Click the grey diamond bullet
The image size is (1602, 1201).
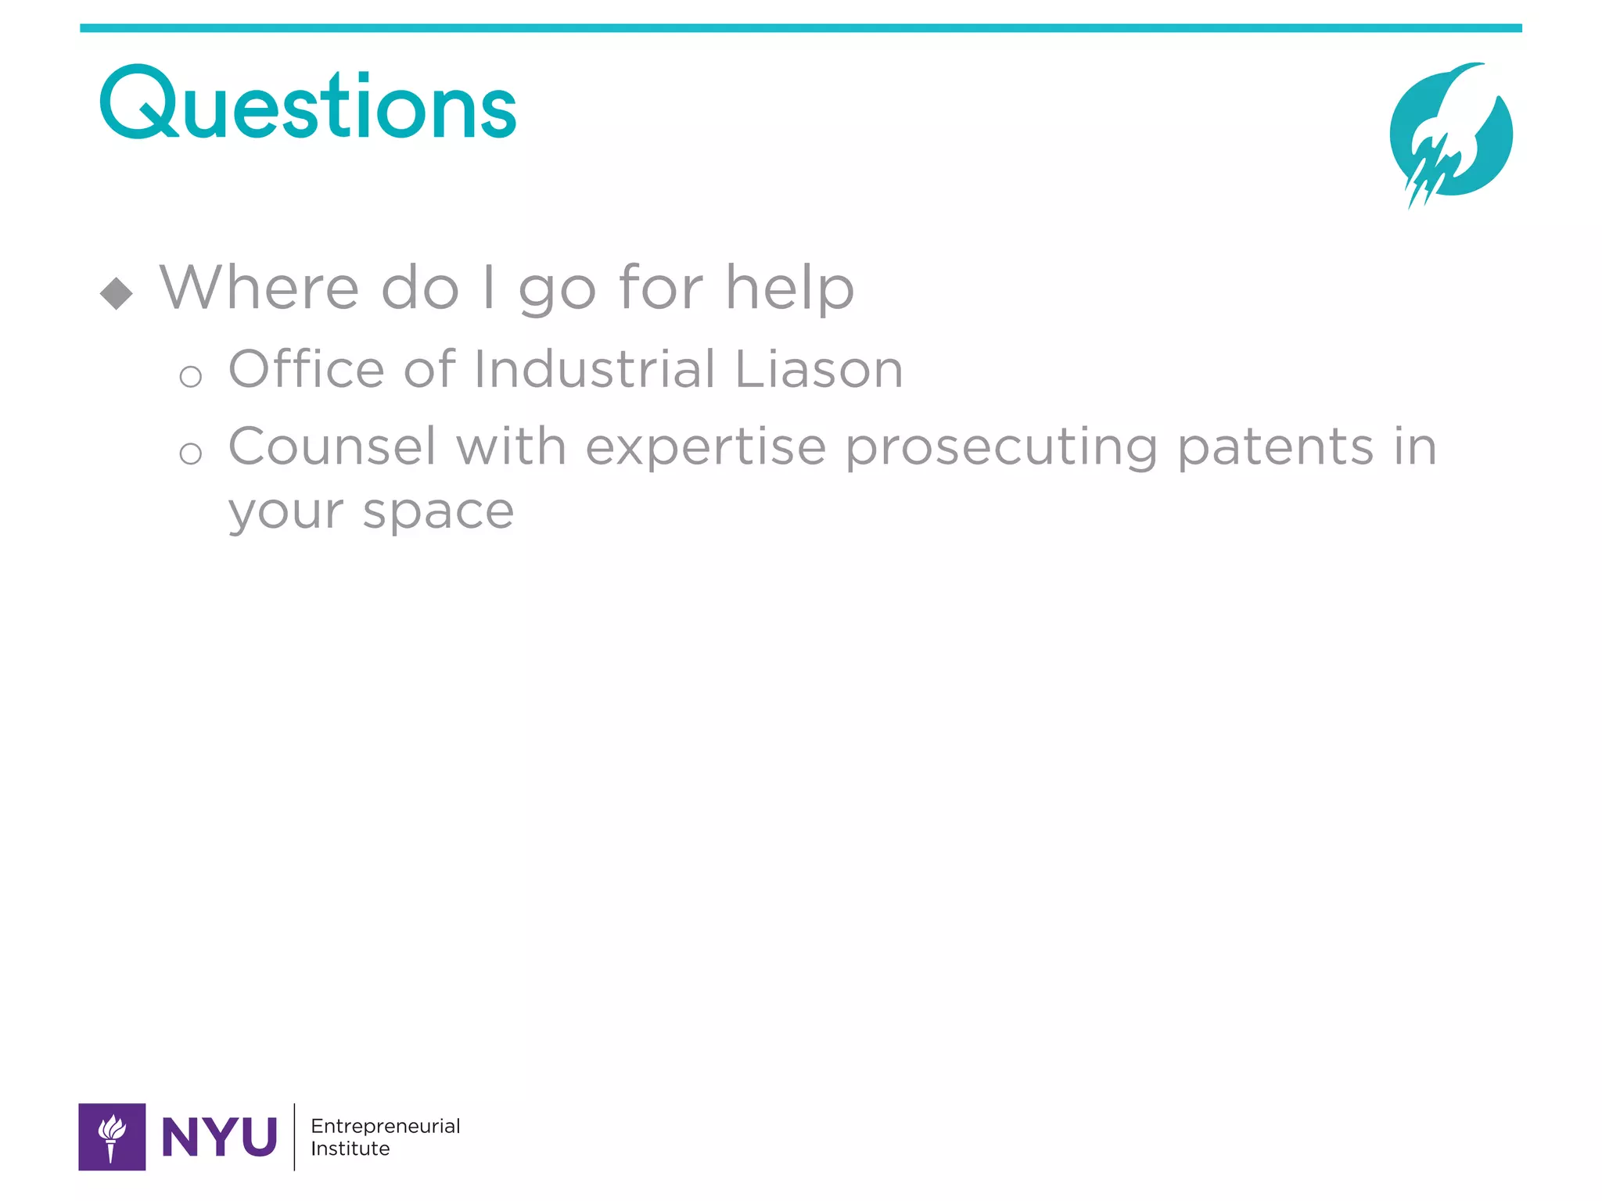pyautogui.click(x=117, y=294)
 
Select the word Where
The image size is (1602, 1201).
pyautogui.click(x=259, y=288)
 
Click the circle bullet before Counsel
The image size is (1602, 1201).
pyautogui.click(x=190, y=454)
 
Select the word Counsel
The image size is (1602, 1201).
pyautogui.click(x=332, y=446)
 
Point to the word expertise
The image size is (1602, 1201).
pyautogui.click(x=706, y=448)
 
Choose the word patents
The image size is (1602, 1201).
pyautogui.click(x=1275, y=446)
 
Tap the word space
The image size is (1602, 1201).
pyautogui.click(x=438, y=513)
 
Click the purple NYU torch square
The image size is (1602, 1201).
pyautogui.click(x=112, y=1137)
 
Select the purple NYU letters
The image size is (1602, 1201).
pyautogui.click(x=219, y=1137)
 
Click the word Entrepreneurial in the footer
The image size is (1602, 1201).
pyautogui.click(x=385, y=1126)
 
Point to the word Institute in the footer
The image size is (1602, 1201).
pyautogui.click(x=350, y=1149)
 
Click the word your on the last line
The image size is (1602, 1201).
pyautogui.click(x=286, y=513)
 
